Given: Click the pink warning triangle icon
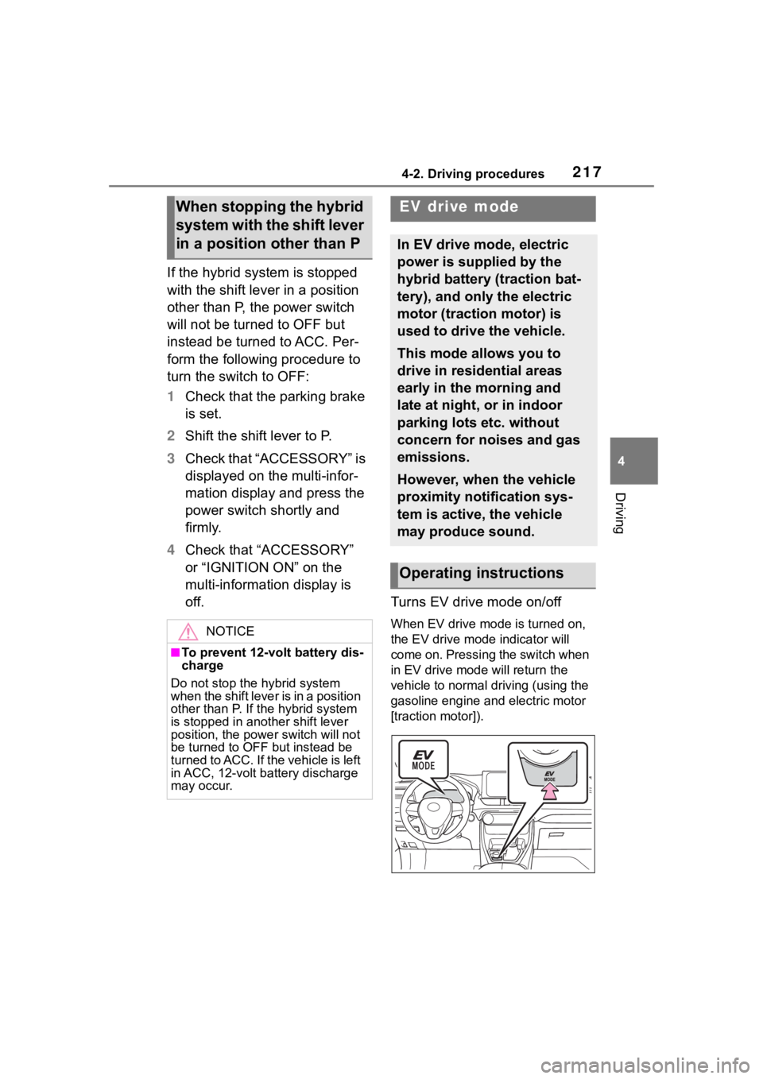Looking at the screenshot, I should point(188,632).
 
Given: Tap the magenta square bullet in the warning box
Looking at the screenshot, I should point(175,653).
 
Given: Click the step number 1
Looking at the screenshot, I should point(171,396).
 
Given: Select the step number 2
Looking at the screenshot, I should point(171,435).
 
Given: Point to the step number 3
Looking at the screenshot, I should point(171,459).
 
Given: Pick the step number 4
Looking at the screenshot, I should point(171,550).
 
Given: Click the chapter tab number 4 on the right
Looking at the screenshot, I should point(636,461).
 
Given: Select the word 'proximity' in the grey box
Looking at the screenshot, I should point(427,497).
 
